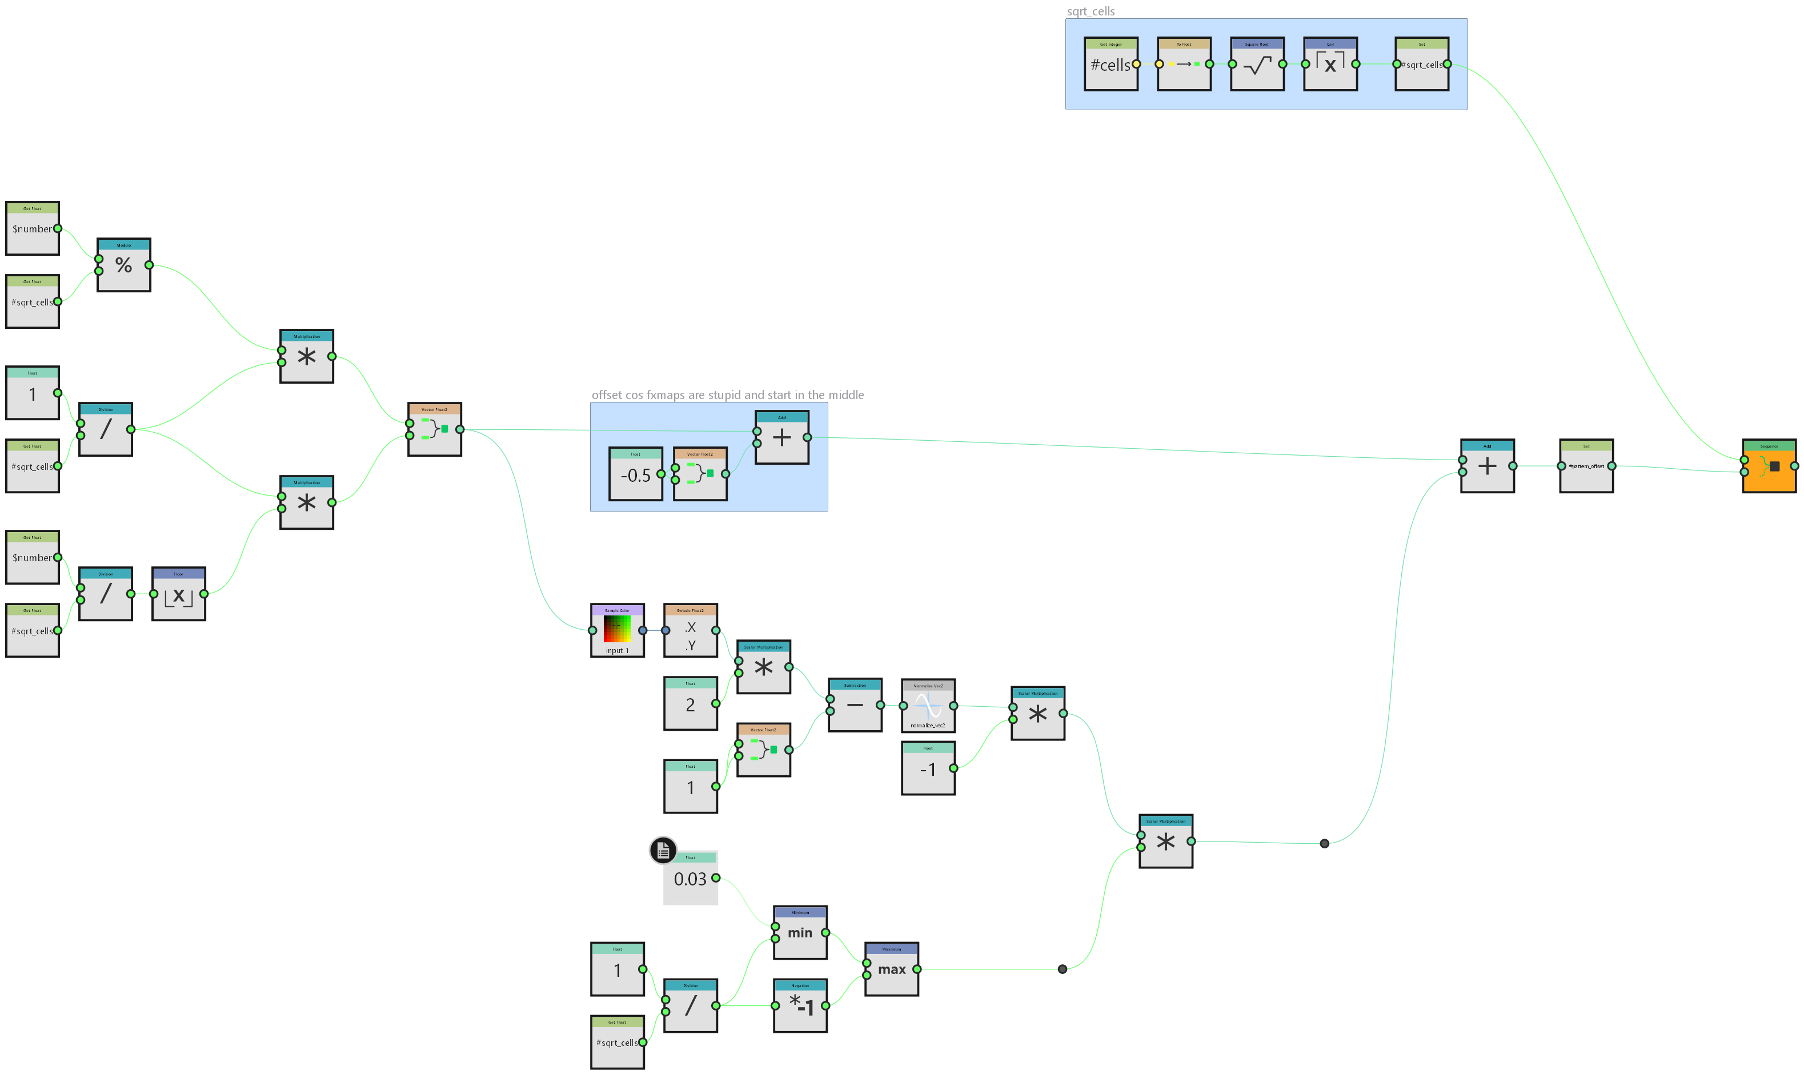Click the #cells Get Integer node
pos(1111,65)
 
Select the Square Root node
pos(1257,65)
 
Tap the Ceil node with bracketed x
pos(1330,65)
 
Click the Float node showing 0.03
pos(690,879)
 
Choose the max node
pos(892,969)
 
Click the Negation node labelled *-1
pos(800,1005)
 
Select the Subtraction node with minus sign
pos(855,705)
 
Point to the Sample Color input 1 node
pos(617,630)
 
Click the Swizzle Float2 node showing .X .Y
pos(690,630)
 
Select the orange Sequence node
pos(1769,466)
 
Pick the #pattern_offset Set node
pos(1586,466)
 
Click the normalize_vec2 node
pos(928,706)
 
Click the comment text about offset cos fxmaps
pos(727,395)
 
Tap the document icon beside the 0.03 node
pos(663,851)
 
